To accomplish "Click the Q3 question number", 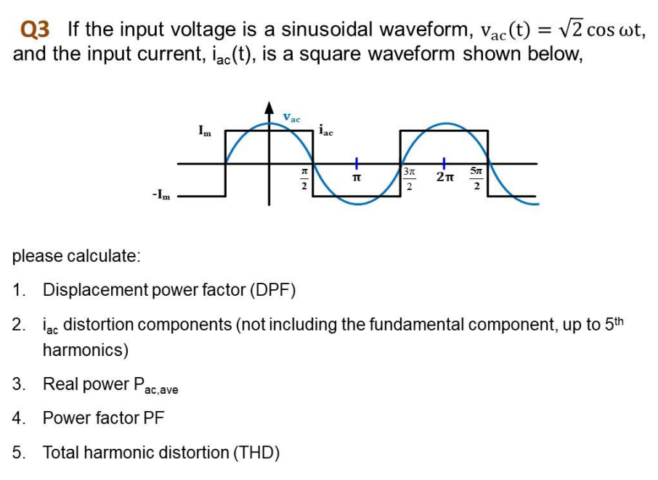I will tap(36, 30).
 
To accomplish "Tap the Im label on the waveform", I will tap(206, 130).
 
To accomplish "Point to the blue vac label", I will tap(291, 117).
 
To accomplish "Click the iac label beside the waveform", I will tap(326, 131).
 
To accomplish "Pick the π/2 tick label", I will tap(305, 178).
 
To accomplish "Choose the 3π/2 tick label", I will tap(410, 178).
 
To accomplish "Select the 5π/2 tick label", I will tap(476, 178).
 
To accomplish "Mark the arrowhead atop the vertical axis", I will tap(269, 110).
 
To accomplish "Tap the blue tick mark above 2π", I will tap(444, 162).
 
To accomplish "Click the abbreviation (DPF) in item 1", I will tap(273, 291).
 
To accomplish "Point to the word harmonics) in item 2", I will tap(86, 350).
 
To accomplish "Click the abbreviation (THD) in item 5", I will tap(256, 453).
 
